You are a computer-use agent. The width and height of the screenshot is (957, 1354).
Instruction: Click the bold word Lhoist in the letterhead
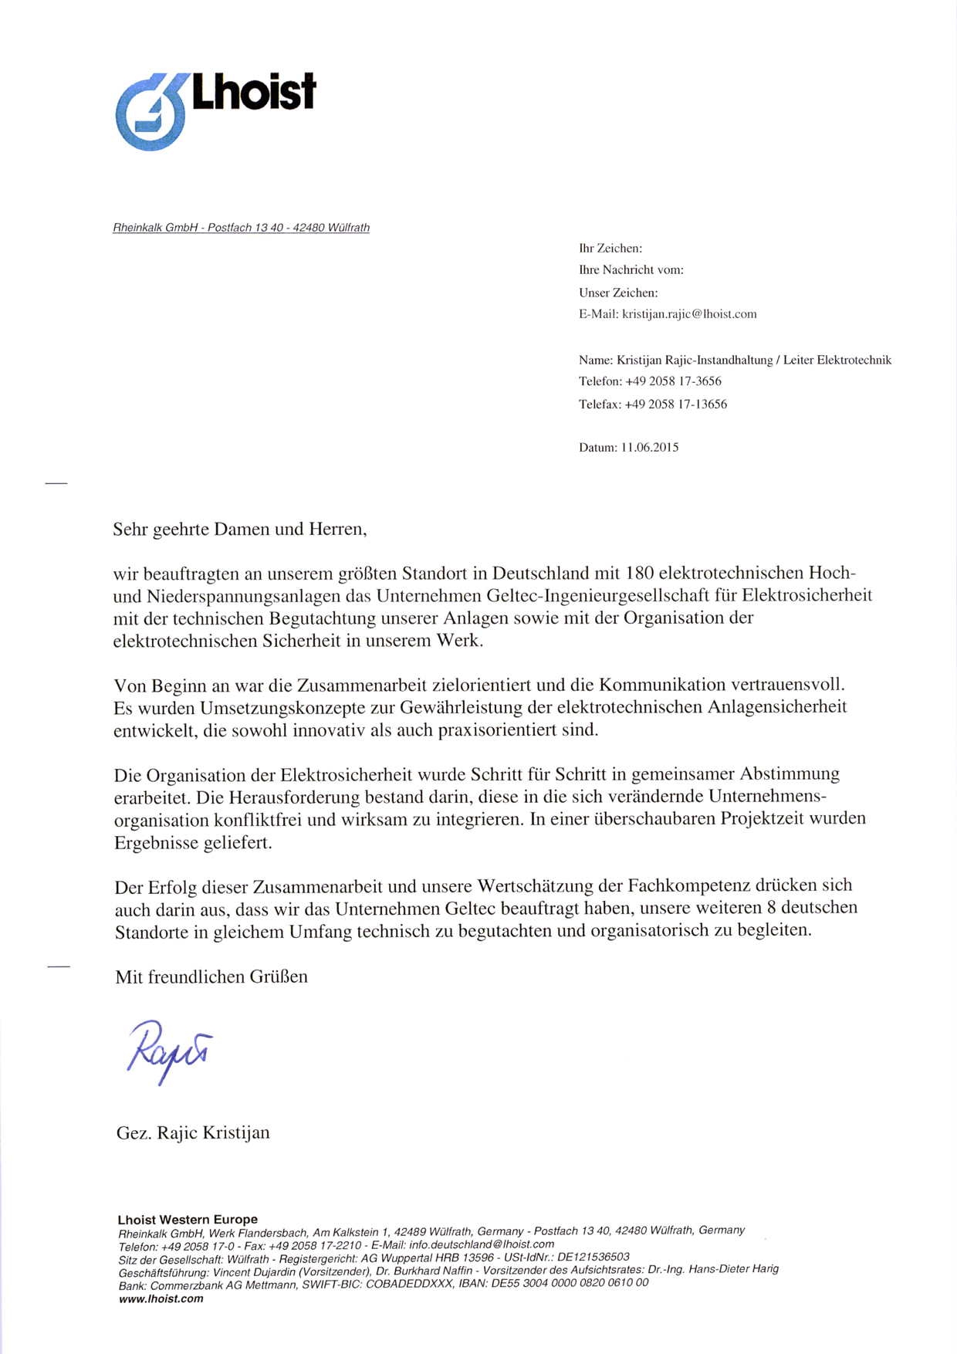(x=253, y=93)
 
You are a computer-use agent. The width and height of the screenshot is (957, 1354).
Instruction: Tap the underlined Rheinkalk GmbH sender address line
(x=241, y=228)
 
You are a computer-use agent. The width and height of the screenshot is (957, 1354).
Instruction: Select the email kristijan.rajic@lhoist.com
(x=689, y=314)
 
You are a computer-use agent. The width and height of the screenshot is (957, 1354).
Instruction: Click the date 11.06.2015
(x=650, y=448)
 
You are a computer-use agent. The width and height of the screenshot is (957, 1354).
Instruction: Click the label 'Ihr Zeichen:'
(x=610, y=249)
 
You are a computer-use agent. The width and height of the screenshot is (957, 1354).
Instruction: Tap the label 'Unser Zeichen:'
(x=618, y=293)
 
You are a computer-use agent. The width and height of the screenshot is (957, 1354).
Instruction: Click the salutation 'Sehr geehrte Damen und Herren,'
(x=240, y=530)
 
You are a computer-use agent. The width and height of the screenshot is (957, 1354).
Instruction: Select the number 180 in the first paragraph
(x=640, y=574)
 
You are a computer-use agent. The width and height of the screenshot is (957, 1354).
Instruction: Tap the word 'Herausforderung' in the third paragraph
(x=289, y=797)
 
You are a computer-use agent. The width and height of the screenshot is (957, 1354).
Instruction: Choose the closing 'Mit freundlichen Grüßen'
(x=211, y=977)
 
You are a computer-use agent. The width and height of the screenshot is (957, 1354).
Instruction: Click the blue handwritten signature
(x=169, y=1051)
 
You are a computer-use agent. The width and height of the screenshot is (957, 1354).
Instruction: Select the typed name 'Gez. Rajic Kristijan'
(x=193, y=1133)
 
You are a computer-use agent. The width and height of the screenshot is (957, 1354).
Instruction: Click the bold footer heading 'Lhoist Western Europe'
(x=188, y=1220)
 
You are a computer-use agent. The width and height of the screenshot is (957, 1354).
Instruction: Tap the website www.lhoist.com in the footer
(x=161, y=1299)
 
